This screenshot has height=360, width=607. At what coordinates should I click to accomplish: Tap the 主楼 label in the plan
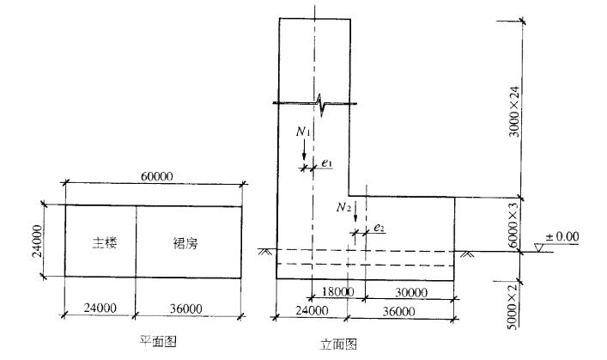point(105,243)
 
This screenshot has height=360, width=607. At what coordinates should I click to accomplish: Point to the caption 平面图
point(158,340)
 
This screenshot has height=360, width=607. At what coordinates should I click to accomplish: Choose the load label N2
point(343,207)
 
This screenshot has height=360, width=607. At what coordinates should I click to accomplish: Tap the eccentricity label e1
point(326,162)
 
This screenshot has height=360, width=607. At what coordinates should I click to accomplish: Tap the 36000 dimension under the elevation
point(408,311)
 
